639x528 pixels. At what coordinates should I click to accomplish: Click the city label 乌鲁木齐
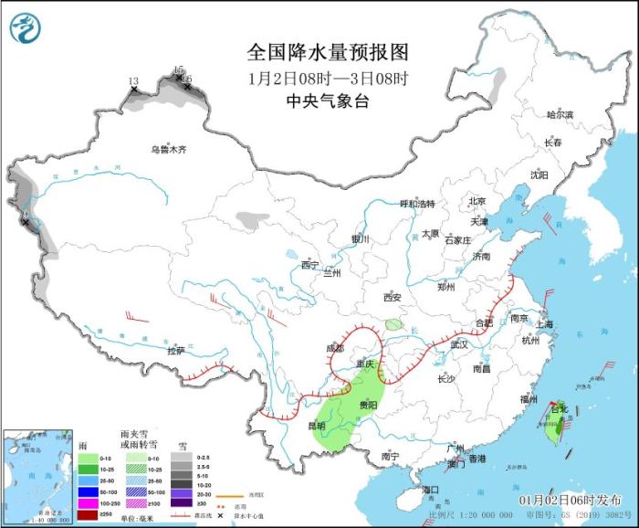click(169, 149)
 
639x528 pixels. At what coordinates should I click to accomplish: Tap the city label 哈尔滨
click(560, 115)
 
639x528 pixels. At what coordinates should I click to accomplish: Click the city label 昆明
click(317, 426)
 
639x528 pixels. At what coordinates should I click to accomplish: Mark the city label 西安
click(393, 297)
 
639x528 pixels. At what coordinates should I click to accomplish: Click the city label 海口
click(431, 491)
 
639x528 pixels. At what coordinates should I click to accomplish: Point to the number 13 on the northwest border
click(133, 81)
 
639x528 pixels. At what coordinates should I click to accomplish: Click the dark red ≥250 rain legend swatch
click(88, 514)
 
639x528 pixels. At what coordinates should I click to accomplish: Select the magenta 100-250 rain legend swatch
click(88, 503)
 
